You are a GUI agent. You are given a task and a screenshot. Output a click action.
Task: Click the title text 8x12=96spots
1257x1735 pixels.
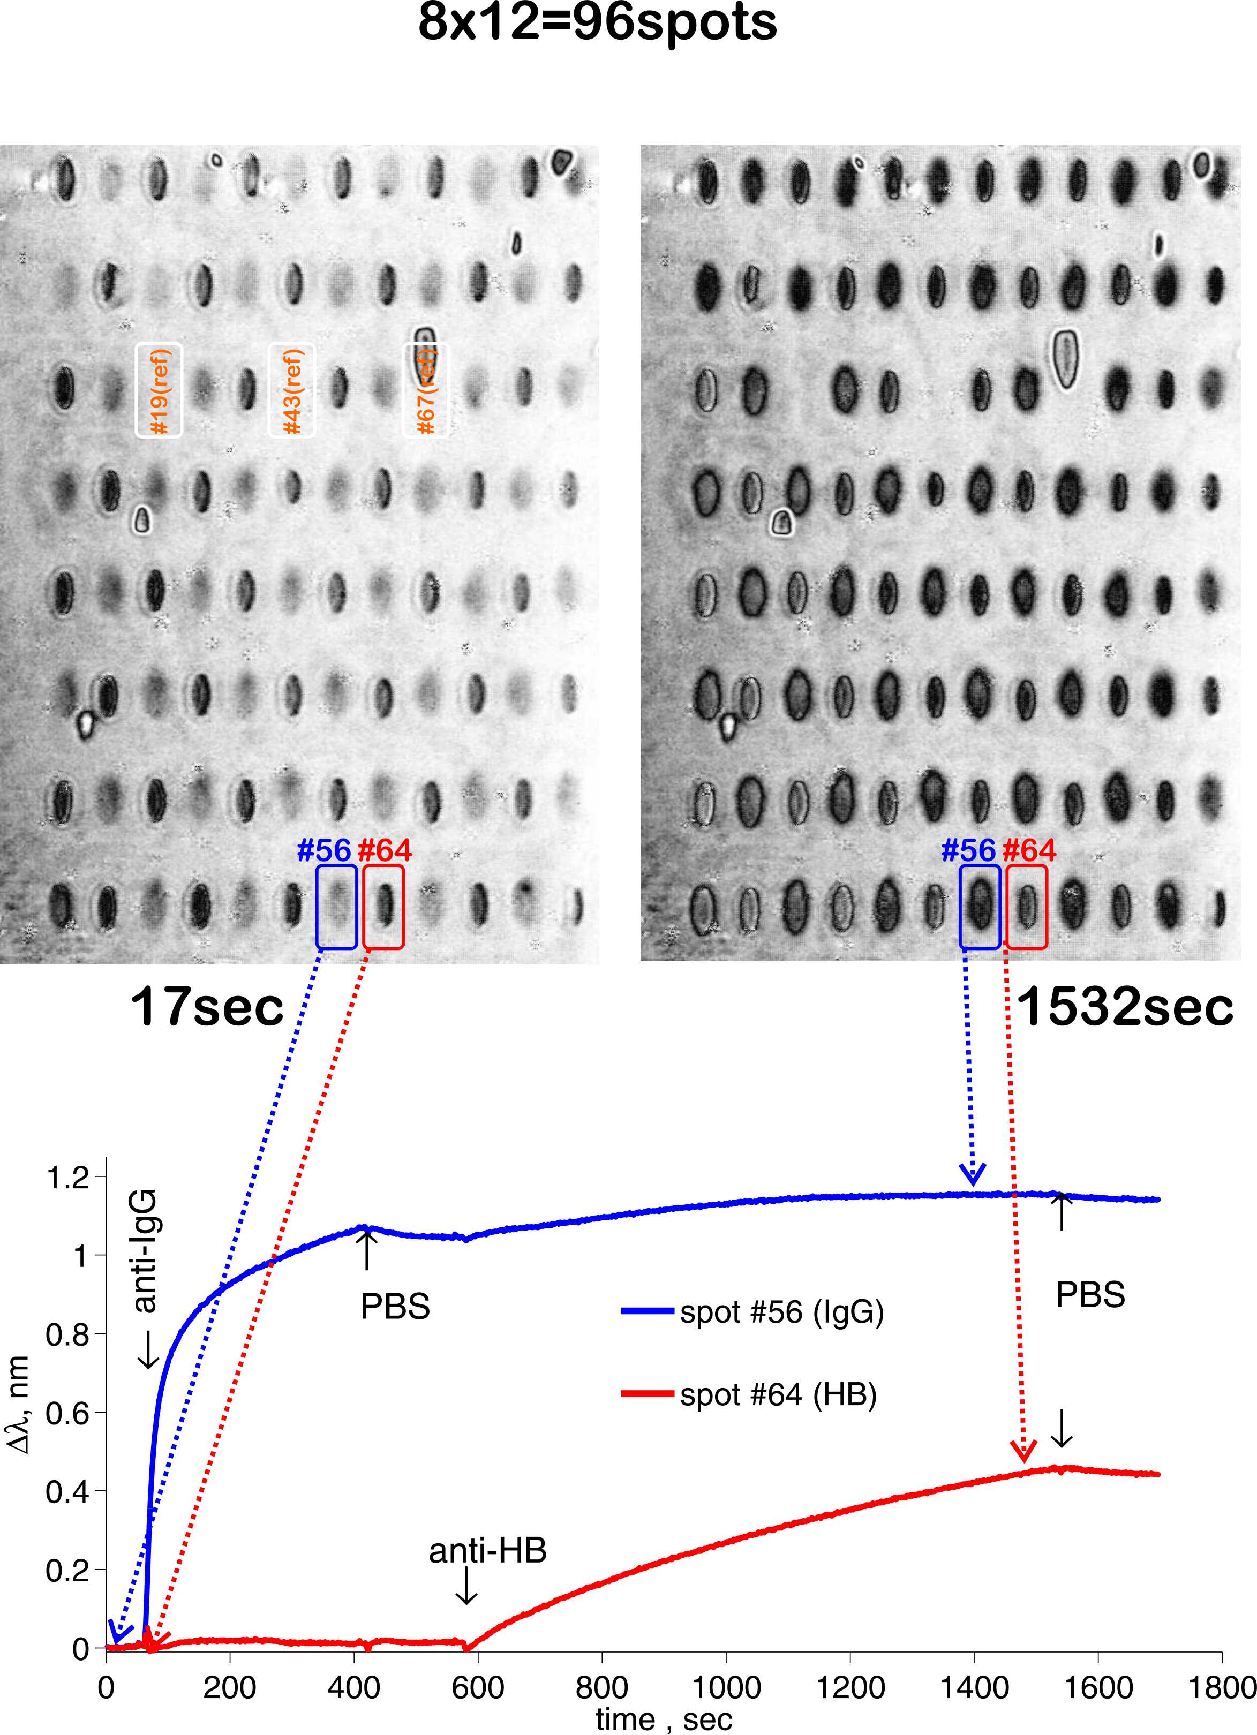coord(597,23)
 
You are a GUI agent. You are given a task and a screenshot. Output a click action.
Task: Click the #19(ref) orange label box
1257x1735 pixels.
coord(159,391)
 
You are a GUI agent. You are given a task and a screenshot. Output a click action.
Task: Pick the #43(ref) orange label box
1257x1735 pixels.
coord(291,391)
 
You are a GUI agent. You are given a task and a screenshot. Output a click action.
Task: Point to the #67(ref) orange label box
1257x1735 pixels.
coord(426,391)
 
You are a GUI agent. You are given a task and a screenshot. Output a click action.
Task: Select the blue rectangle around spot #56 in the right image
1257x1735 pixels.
coord(979,907)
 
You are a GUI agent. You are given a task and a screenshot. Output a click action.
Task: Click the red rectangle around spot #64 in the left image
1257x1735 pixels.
coord(383,907)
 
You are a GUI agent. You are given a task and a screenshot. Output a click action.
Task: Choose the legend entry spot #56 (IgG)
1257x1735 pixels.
coord(781,1312)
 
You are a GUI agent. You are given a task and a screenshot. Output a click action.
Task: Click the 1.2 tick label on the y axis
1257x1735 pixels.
coord(67,1179)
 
